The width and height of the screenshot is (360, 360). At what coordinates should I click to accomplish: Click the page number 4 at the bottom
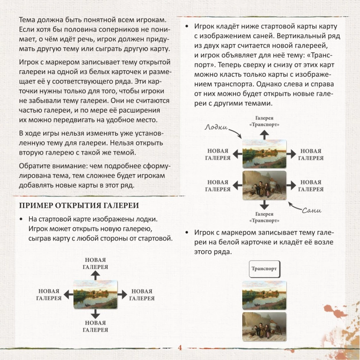click(x=180, y=348)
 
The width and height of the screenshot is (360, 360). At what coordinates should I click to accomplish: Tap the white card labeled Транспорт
click(x=265, y=269)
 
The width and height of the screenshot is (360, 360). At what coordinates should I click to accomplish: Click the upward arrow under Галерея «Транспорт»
click(x=265, y=135)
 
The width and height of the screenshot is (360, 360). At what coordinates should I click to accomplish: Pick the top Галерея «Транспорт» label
click(x=265, y=121)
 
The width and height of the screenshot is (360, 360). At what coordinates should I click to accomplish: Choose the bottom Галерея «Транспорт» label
click(x=265, y=217)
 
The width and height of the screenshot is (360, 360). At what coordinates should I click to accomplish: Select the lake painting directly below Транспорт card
click(x=265, y=295)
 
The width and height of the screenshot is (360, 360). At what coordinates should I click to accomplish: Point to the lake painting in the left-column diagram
click(x=95, y=294)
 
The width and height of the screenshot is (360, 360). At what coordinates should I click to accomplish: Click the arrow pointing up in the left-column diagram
click(x=95, y=275)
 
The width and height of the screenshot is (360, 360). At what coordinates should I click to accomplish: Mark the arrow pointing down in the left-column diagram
click(x=95, y=313)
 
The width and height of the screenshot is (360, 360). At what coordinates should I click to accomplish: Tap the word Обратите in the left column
click(x=34, y=166)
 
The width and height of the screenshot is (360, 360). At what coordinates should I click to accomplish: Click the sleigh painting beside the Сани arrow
click(x=265, y=186)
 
